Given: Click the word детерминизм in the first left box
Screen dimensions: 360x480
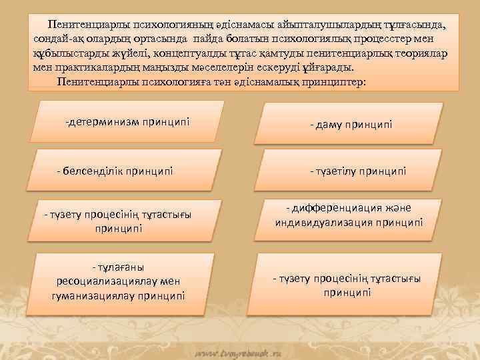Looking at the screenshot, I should pos(99,122).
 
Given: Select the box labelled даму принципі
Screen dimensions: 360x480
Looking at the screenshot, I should pos(351,124).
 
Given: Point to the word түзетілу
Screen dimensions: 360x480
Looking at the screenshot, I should pos(335,171).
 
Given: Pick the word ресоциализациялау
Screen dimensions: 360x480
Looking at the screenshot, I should pos(105,281).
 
